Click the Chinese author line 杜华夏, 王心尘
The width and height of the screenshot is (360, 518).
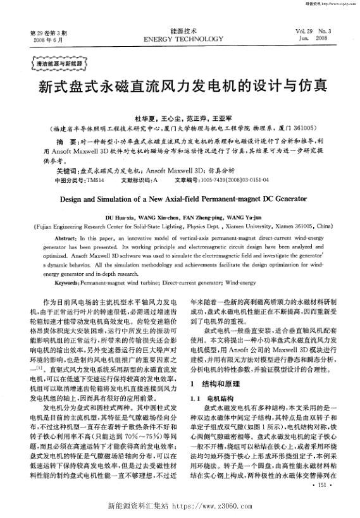[x=180, y=118]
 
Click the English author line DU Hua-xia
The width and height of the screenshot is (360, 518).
[x=180, y=215]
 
